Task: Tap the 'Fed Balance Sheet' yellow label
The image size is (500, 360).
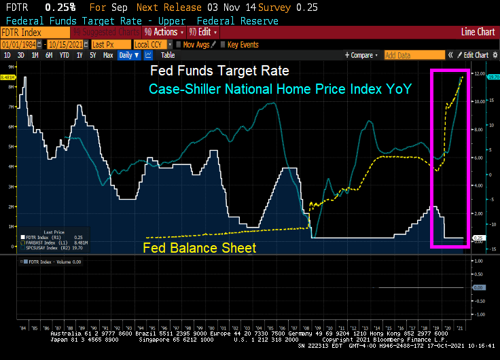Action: click(200, 248)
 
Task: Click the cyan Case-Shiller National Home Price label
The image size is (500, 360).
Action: click(280, 89)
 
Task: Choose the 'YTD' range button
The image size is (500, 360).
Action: click(65, 55)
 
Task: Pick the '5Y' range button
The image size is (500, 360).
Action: click(93, 55)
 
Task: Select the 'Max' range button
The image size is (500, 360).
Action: click(108, 55)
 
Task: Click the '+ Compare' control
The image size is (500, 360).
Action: click(359, 55)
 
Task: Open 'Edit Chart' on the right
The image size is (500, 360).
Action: click(473, 55)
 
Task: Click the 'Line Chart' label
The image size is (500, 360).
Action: click(478, 32)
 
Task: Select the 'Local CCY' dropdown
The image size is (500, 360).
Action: click(151, 44)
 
